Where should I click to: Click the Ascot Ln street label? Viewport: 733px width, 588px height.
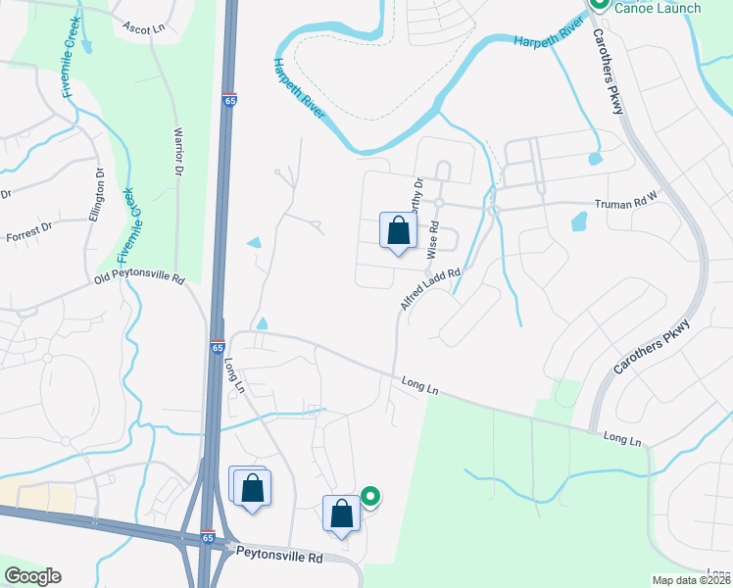pyautogui.click(x=145, y=29)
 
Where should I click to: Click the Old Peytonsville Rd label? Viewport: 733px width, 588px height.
pyautogui.click(x=139, y=279)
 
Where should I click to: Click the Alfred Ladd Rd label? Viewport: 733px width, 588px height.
pyautogui.click(x=429, y=285)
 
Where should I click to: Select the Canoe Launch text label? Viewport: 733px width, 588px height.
pyautogui.click(x=658, y=8)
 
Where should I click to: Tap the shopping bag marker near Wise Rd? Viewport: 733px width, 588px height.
pyautogui.click(x=398, y=232)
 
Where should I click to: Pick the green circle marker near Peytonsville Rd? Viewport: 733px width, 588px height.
pyautogui.click(x=370, y=498)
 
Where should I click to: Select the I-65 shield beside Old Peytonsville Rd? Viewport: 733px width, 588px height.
pyautogui.click(x=217, y=347)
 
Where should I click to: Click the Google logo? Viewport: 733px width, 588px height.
pyautogui.click(x=32, y=576)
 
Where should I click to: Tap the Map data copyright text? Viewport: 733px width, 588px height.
pyautogui.click(x=691, y=580)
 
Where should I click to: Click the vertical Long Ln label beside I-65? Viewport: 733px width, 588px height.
pyautogui.click(x=233, y=375)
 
